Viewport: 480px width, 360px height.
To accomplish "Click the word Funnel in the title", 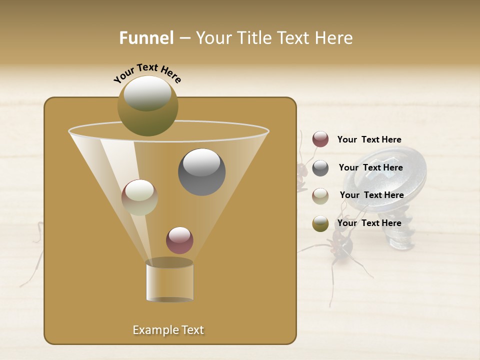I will click(x=146, y=38).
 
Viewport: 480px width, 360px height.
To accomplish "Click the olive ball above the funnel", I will click(x=147, y=106).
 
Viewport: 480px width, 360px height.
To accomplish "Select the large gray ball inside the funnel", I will click(x=201, y=172).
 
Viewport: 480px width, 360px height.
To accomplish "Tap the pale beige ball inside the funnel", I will click(x=139, y=197).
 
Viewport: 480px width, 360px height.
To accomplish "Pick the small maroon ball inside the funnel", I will click(x=179, y=240).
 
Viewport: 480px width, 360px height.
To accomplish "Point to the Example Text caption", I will click(x=168, y=330).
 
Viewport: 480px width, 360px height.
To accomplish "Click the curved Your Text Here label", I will click(x=147, y=72).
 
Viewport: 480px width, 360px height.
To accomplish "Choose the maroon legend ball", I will click(x=320, y=139).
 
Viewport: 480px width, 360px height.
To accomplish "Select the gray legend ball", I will click(x=320, y=168).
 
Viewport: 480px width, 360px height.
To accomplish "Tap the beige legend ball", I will click(x=320, y=195).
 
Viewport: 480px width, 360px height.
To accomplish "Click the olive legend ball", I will click(x=320, y=223).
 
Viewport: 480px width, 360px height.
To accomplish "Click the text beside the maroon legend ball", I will click(x=369, y=139).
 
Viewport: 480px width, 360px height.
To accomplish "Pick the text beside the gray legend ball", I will click(x=370, y=167).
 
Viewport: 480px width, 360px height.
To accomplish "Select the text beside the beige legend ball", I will click(x=371, y=195).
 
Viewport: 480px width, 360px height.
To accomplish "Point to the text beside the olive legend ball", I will click(x=369, y=223).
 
